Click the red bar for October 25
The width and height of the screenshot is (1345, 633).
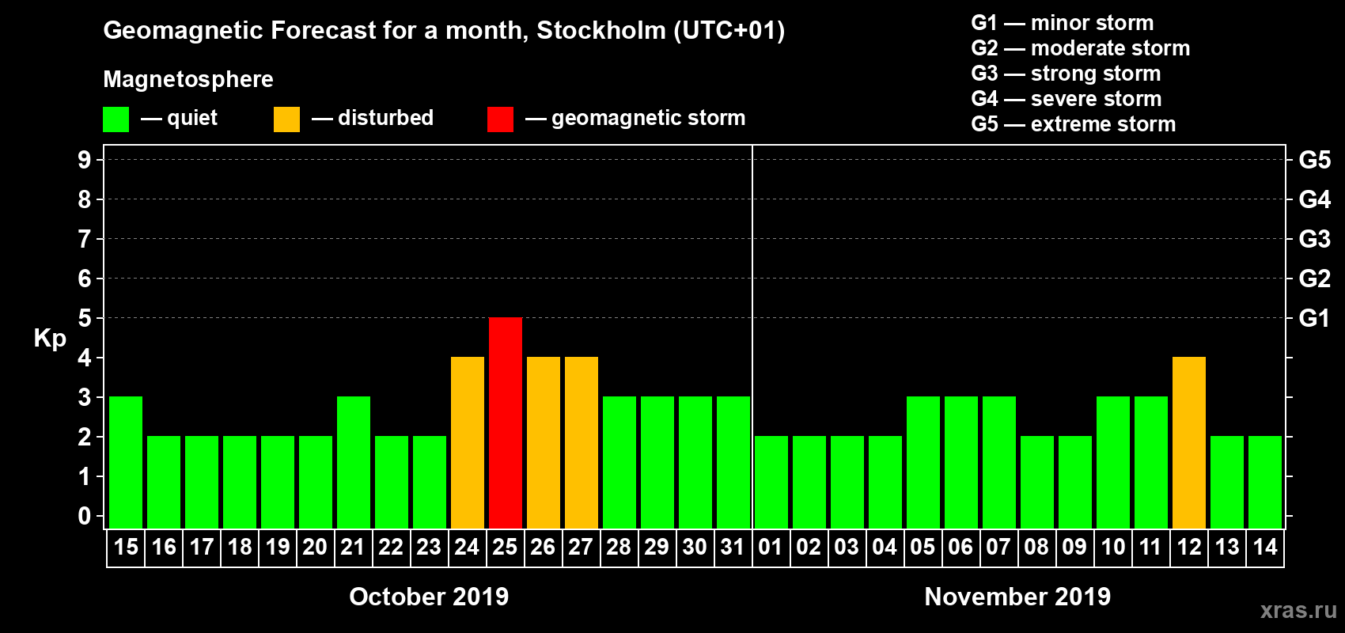(505, 423)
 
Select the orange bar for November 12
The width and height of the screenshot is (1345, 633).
(1188, 442)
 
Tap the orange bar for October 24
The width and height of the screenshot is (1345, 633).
(467, 442)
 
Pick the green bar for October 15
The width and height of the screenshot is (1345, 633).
(126, 462)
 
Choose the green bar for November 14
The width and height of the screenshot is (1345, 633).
(1264, 482)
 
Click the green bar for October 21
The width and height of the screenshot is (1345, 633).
(353, 462)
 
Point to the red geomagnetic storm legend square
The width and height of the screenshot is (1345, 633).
(500, 119)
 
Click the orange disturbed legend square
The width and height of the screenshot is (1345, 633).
(286, 119)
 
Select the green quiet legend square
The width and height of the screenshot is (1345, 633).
(116, 119)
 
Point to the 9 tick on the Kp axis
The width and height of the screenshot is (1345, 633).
(85, 160)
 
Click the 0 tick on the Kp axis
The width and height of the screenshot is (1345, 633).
(85, 516)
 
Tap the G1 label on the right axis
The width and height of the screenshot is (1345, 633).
(1314, 318)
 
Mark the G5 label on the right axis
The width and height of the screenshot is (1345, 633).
(1314, 160)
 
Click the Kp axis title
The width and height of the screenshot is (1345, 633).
(50, 338)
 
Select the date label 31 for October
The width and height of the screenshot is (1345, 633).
(733, 547)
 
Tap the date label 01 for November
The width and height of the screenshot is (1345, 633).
(771, 547)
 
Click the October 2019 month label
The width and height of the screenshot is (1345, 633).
(429, 597)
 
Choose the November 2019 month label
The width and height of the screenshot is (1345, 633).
(1017, 597)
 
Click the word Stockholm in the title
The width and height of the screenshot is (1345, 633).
(601, 31)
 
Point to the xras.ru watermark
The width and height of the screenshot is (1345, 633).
(1298, 610)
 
